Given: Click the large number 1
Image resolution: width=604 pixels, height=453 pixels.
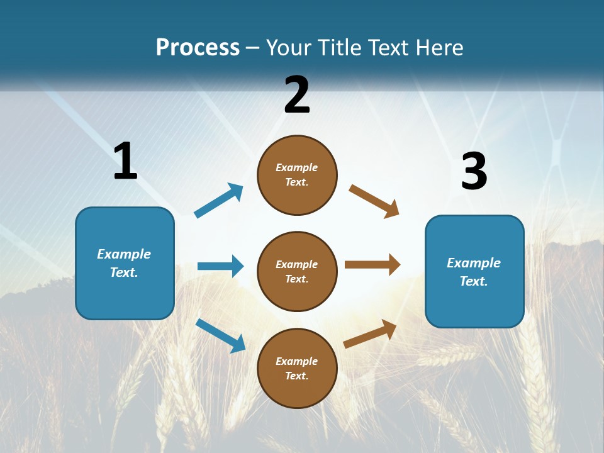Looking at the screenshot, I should pos(125,162).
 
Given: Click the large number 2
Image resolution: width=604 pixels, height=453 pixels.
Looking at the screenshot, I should pos(297,95).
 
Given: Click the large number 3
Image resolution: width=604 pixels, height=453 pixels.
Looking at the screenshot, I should pos(474,172).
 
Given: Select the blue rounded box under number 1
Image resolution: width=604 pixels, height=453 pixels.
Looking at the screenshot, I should pos(125,263).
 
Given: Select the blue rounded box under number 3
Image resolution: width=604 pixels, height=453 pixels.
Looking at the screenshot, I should pos(474,271).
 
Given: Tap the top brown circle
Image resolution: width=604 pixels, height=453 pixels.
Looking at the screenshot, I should pos(297,175).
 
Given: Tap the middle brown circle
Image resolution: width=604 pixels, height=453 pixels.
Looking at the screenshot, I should pos(297,271).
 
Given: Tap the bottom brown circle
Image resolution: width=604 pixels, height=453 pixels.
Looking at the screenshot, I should pos(297,368).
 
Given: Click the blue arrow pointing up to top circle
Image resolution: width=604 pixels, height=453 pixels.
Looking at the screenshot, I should pos(219,201).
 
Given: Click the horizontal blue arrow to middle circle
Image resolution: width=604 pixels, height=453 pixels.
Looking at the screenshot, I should pos(220,266).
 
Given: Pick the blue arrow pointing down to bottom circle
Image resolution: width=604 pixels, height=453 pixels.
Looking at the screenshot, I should pos(220,335).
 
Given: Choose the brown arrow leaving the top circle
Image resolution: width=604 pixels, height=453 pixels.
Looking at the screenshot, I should pos(374,201).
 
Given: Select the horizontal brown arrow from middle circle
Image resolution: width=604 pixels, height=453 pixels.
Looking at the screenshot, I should pos(372,264).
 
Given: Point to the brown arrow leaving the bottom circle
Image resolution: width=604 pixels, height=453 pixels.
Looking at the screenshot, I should pos(370,333).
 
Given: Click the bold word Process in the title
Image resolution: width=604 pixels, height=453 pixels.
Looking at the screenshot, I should pos(198,47).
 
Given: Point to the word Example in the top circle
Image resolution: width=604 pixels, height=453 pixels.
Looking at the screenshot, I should pos(297,167).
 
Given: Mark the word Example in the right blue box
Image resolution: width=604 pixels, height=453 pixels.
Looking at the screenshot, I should pos(474,263).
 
